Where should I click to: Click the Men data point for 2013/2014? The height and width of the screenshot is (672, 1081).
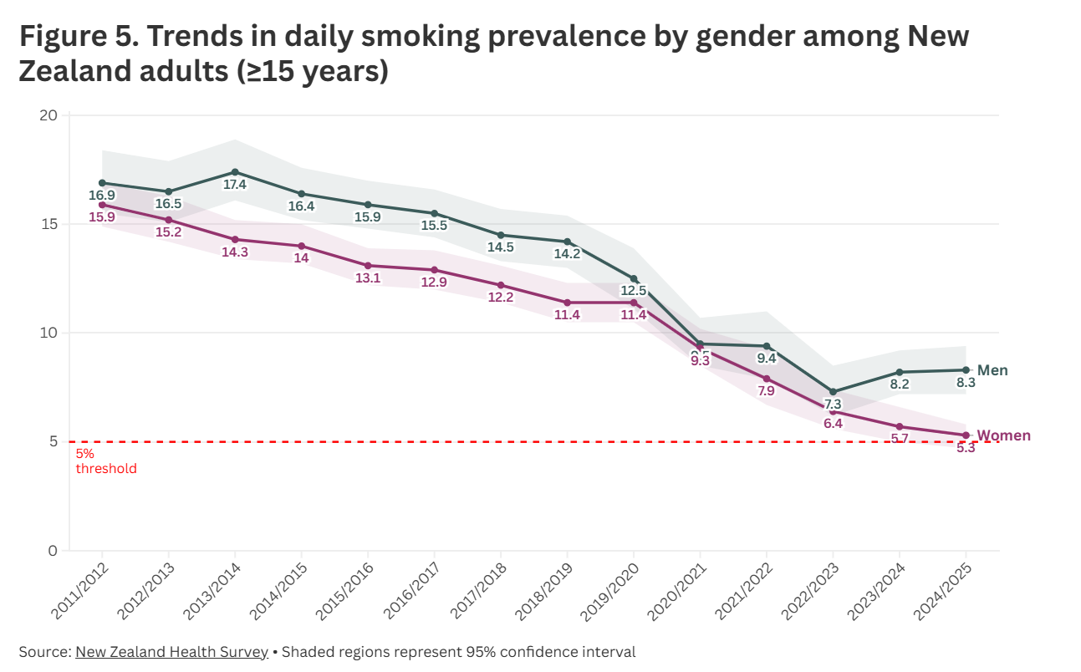pyautogui.click(x=235, y=172)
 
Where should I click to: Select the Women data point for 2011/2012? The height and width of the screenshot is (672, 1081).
pyautogui.click(x=102, y=205)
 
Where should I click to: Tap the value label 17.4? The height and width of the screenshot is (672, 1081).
pyautogui.click(x=235, y=185)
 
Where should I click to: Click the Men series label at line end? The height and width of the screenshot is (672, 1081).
pyautogui.click(x=992, y=370)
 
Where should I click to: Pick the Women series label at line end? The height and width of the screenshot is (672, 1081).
pyautogui.click(x=1003, y=435)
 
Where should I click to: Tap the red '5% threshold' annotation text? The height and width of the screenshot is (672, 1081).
pyautogui.click(x=105, y=461)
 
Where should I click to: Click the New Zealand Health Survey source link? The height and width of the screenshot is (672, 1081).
pyautogui.click(x=171, y=652)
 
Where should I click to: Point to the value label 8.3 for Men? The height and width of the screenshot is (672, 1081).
pyautogui.click(x=966, y=384)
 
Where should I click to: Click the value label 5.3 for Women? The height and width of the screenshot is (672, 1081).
pyautogui.click(x=966, y=449)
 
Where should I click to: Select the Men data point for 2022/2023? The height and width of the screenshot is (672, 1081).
pyautogui.click(x=833, y=391)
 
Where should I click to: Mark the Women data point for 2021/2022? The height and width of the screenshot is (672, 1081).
pyautogui.click(x=767, y=379)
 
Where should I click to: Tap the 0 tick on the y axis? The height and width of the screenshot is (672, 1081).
pyautogui.click(x=54, y=551)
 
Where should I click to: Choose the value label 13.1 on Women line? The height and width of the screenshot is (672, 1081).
pyautogui.click(x=368, y=278)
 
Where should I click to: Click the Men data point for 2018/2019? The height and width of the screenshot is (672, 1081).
pyautogui.click(x=568, y=242)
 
